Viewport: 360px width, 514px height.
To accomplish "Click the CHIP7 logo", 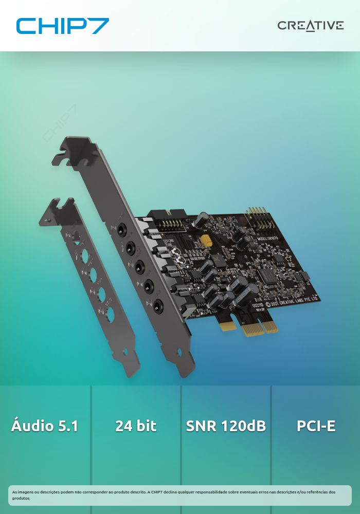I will (62, 26).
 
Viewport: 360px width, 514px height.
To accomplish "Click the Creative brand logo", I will (310, 26).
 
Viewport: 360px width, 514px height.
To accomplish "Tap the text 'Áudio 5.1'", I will (45, 426).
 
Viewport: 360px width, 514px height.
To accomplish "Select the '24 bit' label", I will (136, 426).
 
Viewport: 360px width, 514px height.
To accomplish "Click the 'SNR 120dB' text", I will (226, 426).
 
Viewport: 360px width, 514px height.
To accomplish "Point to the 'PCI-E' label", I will (316, 426).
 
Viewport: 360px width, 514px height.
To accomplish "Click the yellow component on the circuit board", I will (208, 240).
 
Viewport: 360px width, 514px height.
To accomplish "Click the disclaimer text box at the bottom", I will (180, 495).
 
